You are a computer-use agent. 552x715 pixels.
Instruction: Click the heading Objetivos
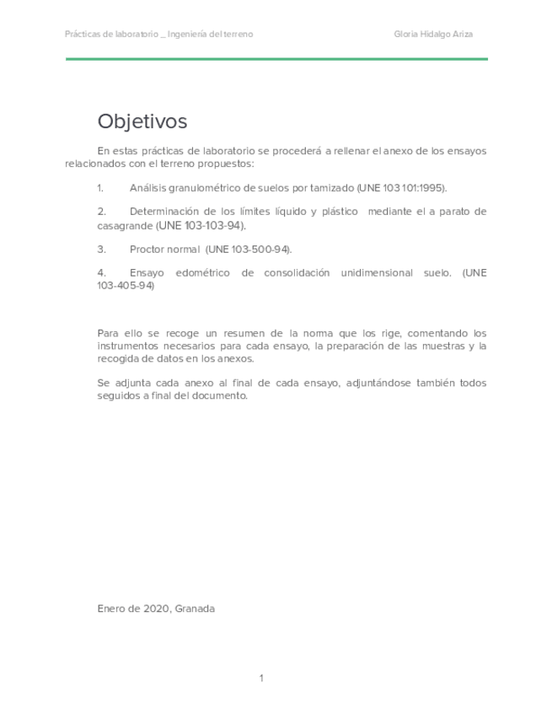[142, 121]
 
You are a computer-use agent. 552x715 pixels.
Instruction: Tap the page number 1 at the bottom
[261, 678]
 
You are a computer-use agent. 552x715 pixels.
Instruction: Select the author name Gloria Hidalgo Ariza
[439, 35]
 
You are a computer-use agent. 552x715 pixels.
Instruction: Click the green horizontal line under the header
[276, 59]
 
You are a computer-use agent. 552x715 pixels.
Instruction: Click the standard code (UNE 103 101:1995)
[401, 188]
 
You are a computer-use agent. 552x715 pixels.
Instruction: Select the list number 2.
[100, 212]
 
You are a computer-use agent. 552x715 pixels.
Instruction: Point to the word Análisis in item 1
[148, 188]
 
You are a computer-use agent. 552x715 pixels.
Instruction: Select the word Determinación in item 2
[169, 212]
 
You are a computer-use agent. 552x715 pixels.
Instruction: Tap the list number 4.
[100, 273]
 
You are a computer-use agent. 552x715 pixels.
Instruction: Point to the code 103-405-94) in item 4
[126, 286]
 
